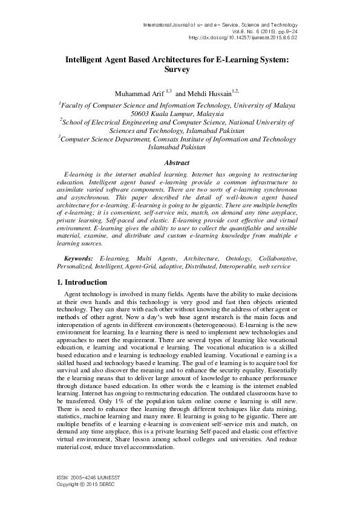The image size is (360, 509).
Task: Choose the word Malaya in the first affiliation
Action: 282,105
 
